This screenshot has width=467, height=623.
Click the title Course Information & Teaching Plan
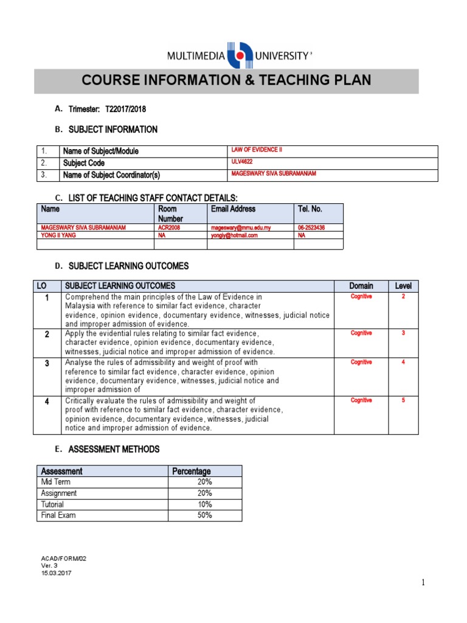[226, 81]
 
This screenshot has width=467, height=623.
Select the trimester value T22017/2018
[126, 109]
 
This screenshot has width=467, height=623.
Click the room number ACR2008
[171, 228]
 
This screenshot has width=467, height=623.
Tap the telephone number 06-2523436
[311, 228]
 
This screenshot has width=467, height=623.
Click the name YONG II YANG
[58, 235]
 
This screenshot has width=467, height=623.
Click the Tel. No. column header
[310, 209]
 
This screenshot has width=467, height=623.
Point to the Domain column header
[361, 286]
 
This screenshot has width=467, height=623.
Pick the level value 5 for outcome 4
[403, 400]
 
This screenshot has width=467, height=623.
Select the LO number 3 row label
[47, 363]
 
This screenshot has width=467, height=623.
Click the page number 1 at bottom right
[423, 583]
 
